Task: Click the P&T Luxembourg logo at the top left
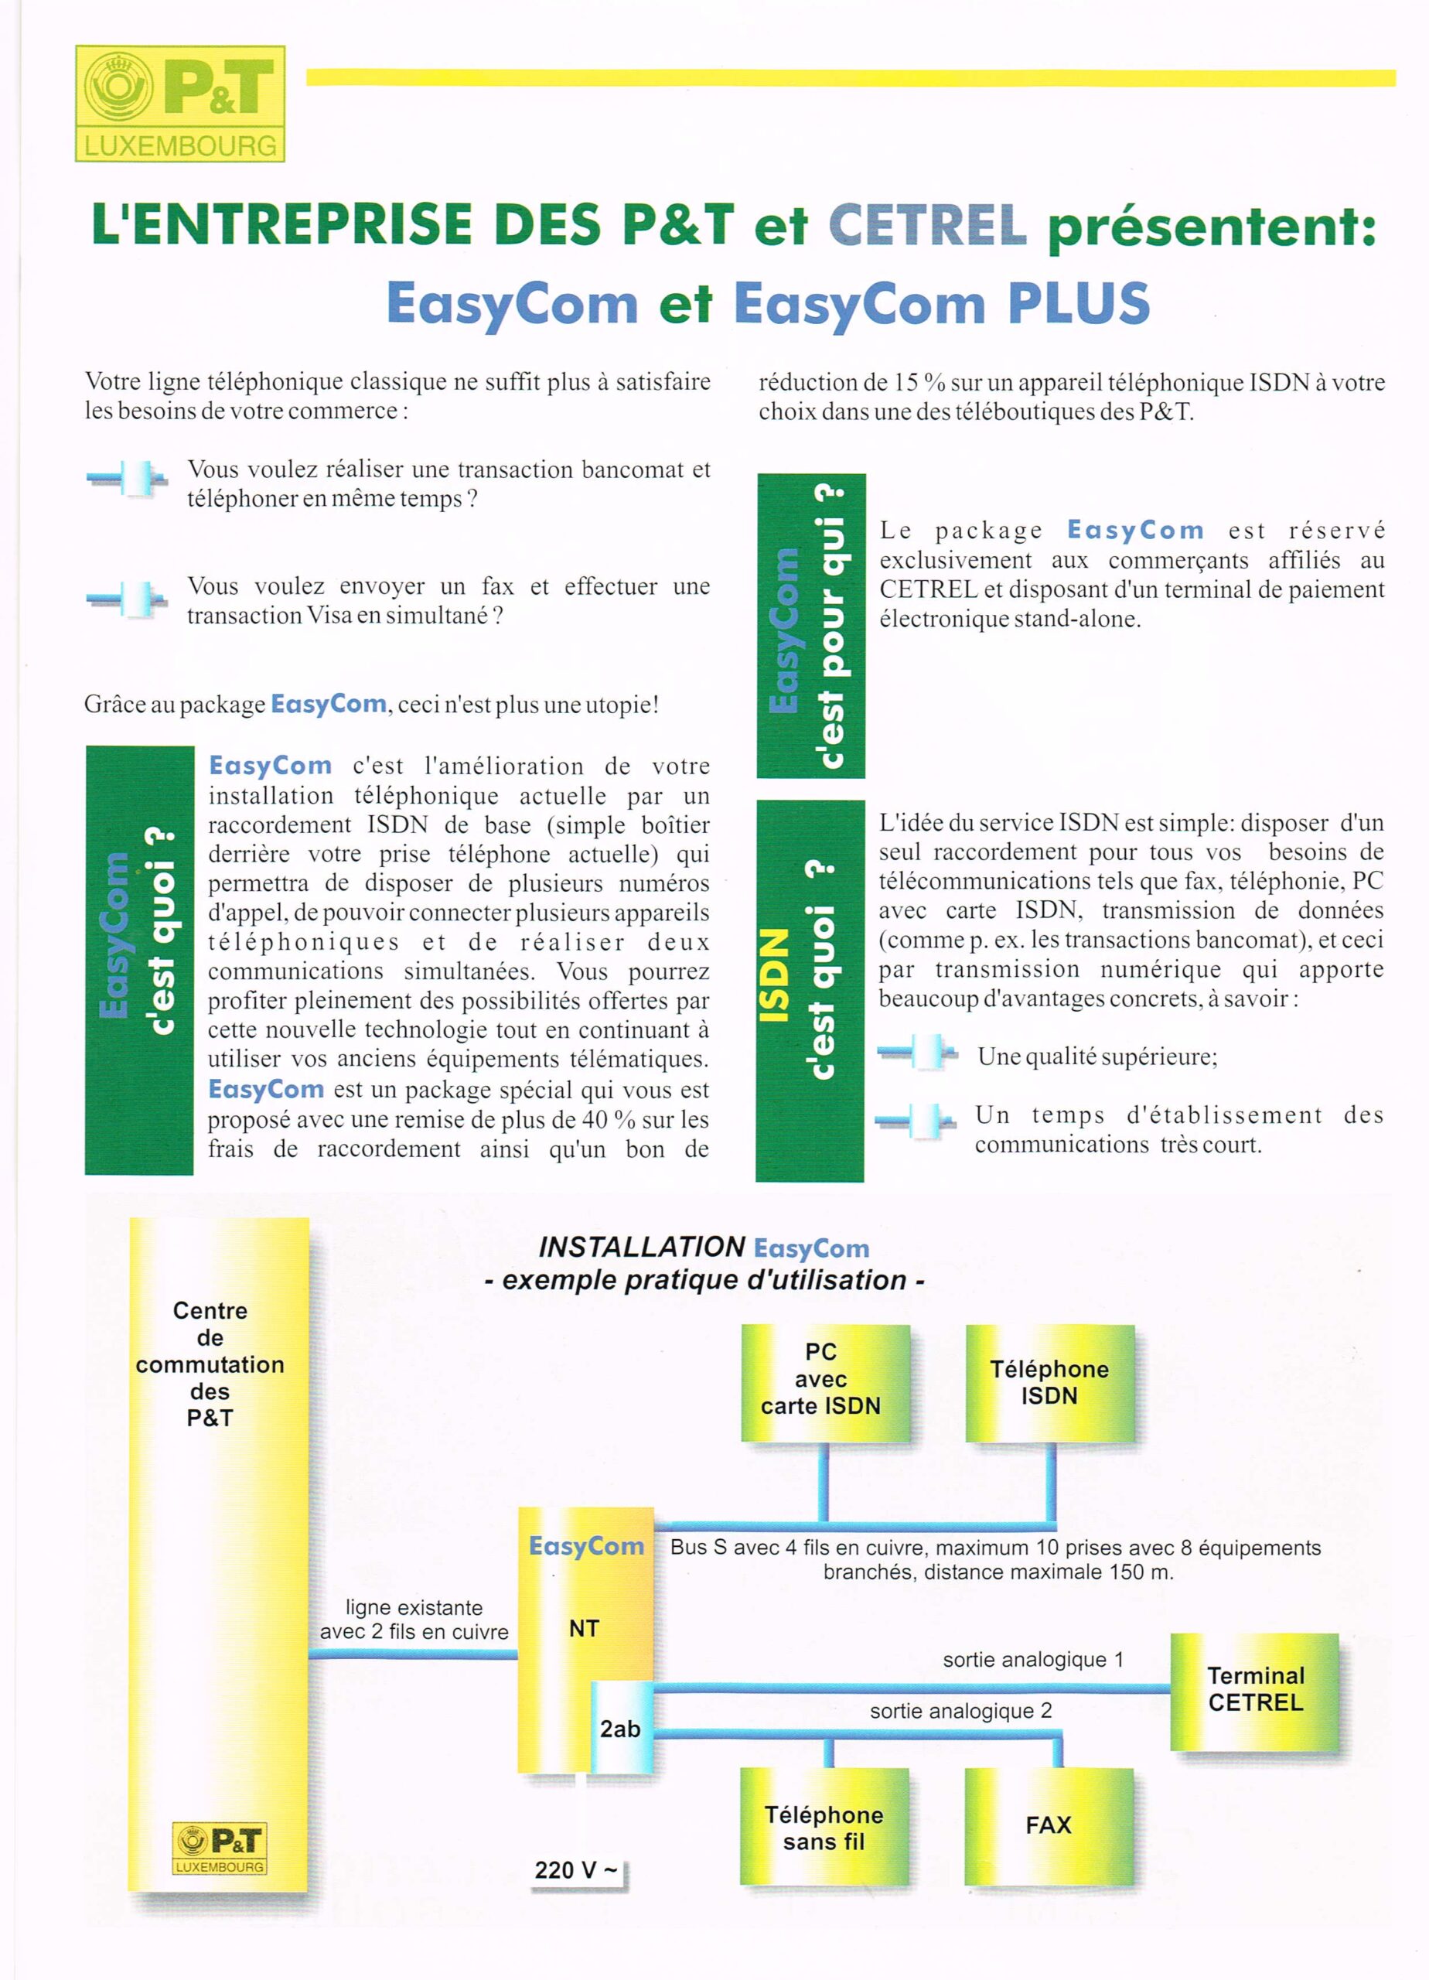[180, 104]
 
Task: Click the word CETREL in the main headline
[926, 224]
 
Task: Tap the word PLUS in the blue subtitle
[1078, 303]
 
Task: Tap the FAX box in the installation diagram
[1049, 1825]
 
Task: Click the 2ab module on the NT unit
[621, 1729]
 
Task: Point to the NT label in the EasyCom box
[584, 1628]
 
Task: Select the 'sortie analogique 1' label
[1032, 1660]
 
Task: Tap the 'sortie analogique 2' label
[960, 1711]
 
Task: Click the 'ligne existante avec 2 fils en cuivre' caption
[414, 1620]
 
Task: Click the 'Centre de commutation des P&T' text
[210, 1364]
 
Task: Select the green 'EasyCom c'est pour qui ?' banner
[810, 626]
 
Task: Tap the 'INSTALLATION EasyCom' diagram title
[704, 1248]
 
